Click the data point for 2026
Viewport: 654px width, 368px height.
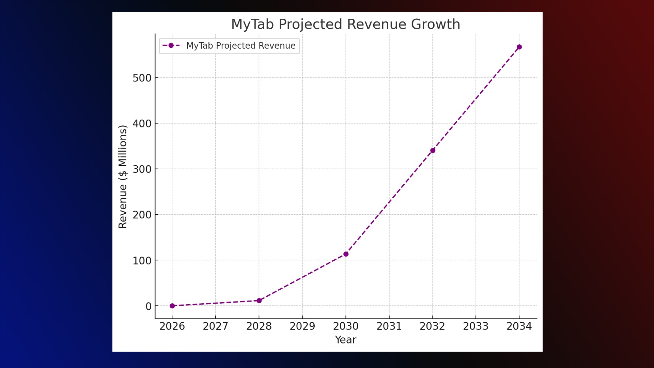tap(172, 306)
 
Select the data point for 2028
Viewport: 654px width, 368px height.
tap(259, 301)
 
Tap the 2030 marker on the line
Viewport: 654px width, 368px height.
tap(346, 254)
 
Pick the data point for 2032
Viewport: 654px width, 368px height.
tap(433, 150)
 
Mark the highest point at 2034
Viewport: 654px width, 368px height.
tap(519, 47)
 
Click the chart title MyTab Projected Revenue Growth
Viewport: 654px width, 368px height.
tap(345, 25)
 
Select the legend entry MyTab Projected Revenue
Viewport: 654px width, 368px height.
tap(240, 46)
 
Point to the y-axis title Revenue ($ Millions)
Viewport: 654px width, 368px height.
tap(123, 177)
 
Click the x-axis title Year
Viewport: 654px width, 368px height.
tap(345, 340)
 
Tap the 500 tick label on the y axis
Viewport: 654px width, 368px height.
tap(142, 78)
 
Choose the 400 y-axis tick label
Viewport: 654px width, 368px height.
tap(142, 124)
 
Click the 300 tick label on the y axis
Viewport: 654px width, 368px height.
tap(142, 169)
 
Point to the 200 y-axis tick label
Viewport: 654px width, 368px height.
tap(142, 215)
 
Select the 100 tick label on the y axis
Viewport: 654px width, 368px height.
tap(142, 261)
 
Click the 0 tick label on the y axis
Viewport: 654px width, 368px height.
tap(149, 306)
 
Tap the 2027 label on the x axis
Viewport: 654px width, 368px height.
tap(215, 326)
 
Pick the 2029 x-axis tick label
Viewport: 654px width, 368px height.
tap(302, 326)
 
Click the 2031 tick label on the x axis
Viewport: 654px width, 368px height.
tap(389, 326)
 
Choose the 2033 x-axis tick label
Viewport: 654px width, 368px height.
tap(476, 326)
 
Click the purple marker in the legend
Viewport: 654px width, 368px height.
tap(171, 45)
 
